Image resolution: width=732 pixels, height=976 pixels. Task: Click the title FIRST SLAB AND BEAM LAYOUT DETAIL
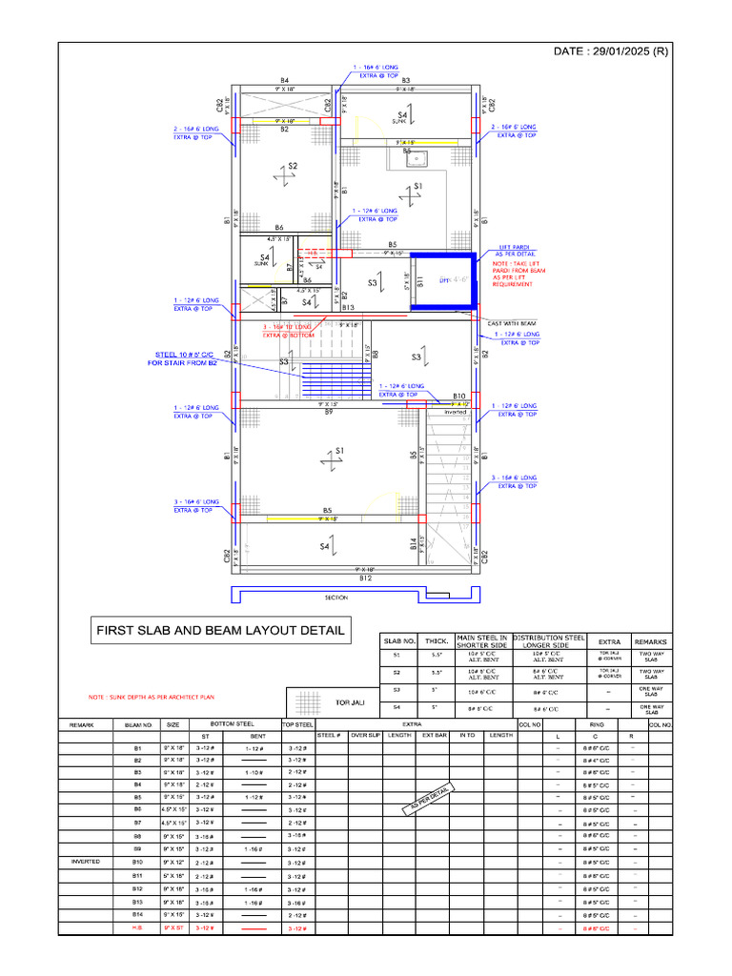tap(219, 630)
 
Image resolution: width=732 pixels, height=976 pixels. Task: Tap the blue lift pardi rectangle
tap(442, 281)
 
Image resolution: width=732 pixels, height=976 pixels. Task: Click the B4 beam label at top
tap(284, 80)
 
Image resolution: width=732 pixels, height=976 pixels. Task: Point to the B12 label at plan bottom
tap(364, 578)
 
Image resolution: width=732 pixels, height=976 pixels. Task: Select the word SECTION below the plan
tap(336, 598)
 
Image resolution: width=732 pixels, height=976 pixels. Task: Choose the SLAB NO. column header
tap(398, 641)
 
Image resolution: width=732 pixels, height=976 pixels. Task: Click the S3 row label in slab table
tap(397, 688)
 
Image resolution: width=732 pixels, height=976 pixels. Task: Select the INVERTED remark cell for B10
tap(86, 862)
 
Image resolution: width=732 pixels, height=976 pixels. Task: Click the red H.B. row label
tap(137, 927)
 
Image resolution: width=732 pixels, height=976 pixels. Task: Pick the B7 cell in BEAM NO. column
tap(137, 822)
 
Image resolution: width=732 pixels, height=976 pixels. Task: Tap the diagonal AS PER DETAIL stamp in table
tap(428, 798)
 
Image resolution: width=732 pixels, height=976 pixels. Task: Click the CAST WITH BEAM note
tap(512, 323)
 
